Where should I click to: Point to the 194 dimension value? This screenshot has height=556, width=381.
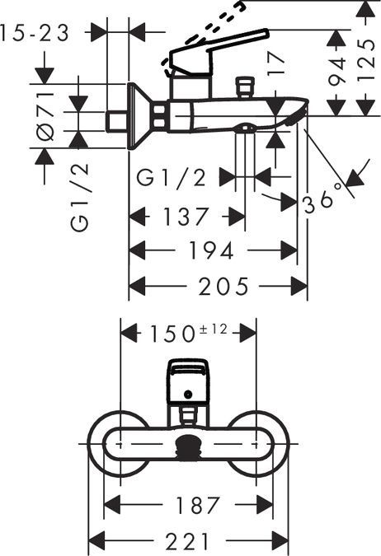213,250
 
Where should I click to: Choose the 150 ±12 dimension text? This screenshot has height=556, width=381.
188,334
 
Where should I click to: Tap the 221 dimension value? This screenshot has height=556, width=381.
188,541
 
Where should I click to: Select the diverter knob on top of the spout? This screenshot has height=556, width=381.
243,86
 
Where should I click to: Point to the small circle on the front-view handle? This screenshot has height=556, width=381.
189,394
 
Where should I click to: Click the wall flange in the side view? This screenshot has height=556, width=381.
137,116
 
